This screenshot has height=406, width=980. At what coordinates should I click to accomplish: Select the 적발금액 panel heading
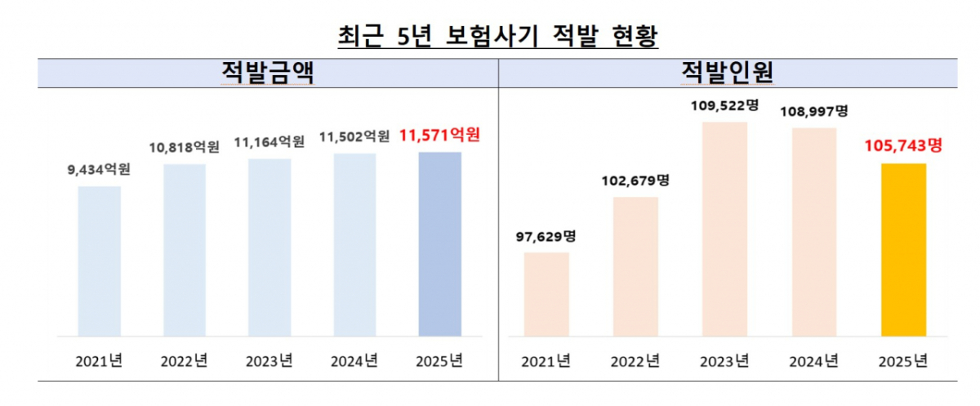tap(269, 74)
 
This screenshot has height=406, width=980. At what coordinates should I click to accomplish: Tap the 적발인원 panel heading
tap(728, 74)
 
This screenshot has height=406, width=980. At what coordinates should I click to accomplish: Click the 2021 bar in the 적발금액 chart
tap(100, 261)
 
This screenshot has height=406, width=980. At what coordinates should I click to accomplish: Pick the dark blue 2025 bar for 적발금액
tap(440, 244)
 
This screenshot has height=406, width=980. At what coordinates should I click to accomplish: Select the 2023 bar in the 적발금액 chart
tap(269, 248)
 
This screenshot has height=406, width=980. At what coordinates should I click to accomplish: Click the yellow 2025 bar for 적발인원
tap(904, 250)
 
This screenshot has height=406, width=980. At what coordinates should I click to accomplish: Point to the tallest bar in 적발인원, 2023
tap(724, 229)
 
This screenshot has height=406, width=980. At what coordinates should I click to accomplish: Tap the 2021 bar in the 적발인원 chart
tap(546, 294)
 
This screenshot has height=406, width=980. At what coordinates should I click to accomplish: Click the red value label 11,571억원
tap(440, 135)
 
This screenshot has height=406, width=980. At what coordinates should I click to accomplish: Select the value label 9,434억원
tap(100, 170)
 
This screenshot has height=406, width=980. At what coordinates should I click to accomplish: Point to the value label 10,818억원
tap(185, 148)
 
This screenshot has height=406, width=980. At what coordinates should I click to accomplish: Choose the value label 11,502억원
tap(354, 137)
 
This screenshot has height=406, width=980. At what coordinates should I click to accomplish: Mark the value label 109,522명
tap(724, 105)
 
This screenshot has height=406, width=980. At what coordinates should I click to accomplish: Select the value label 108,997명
tap(814, 110)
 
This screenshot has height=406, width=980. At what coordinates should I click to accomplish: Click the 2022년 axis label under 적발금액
tap(185, 360)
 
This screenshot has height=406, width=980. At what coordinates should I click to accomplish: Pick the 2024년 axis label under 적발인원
tap(814, 360)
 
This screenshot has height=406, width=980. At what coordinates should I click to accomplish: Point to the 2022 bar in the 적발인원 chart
tap(635, 266)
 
